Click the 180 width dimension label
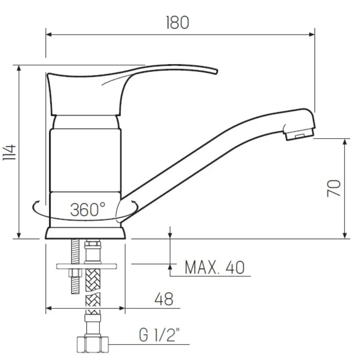(178, 22)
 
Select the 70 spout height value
(334, 188)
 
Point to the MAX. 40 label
(215, 267)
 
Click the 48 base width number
(164, 299)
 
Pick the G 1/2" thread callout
(159, 335)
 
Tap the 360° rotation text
(88, 210)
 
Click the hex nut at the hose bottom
(92, 345)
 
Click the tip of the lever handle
(216, 71)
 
